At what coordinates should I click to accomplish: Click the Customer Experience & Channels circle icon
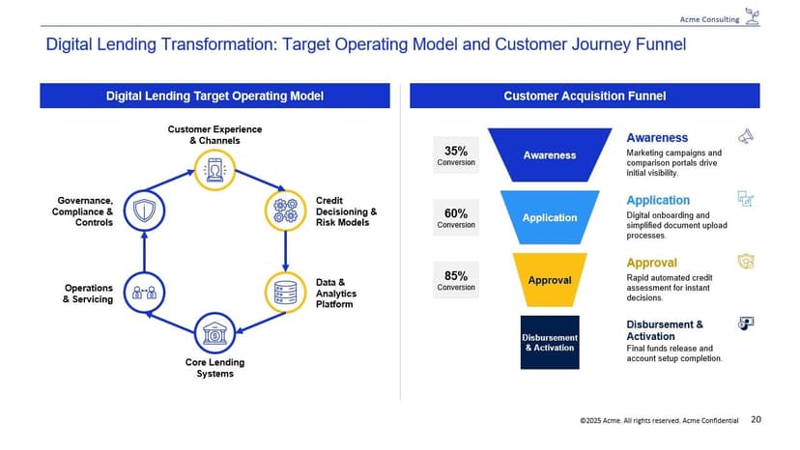pyautogui.click(x=214, y=169)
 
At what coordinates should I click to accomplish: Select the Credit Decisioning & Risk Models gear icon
pyautogui.click(x=285, y=210)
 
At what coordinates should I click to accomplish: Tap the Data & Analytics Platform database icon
pyautogui.click(x=285, y=292)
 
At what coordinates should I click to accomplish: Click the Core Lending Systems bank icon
pyautogui.click(x=214, y=333)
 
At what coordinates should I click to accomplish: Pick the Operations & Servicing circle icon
pyautogui.click(x=143, y=292)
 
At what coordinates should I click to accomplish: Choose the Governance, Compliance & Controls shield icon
pyautogui.click(x=143, y=210)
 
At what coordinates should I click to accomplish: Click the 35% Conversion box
pyautogui.click(x=456, y=155)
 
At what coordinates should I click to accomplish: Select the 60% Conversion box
pyautogui.click(x=456, y=218)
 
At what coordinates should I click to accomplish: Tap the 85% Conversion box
pyautogui.click(x=456, y=280)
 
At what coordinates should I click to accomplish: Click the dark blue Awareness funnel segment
pyautogui.click(x=549, y=155)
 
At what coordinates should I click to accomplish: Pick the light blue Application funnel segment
pyautogui.click(x=549, y=217)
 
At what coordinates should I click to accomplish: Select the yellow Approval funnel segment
pyautogui.click(x=549, y=280)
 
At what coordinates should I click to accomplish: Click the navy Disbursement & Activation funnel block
pyautogui.click(x=549, y=342)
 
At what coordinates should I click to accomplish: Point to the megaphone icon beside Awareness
pyautogui.click(x=745, y=137)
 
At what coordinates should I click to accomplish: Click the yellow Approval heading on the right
pyautogui.click(x=651, y=263)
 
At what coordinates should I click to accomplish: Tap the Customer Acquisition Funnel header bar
pyautogui.click(x=585, y=96)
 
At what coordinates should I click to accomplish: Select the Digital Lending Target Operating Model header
pyautogui.click(x=214, y=96)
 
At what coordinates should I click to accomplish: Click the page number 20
pyautogui.click(x=756, y=419)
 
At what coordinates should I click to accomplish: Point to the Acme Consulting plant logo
pyautogui.click(x=753, y=16)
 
